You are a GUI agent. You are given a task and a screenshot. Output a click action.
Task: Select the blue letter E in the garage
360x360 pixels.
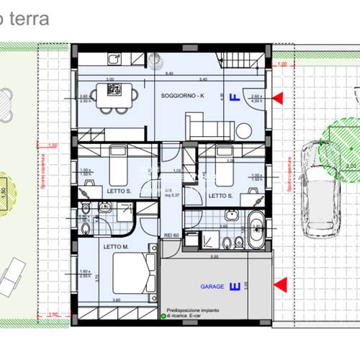point(233,287)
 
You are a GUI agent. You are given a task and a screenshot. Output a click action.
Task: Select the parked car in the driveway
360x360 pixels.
point(319,189)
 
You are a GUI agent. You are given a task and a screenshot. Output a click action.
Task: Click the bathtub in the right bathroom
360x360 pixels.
point(255,230)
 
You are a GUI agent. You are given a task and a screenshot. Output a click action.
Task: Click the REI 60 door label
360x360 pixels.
point(171,234)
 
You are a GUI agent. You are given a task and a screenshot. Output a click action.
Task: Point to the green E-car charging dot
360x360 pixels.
point(159,315)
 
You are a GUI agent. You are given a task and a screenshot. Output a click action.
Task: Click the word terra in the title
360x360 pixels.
point(28,19)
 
